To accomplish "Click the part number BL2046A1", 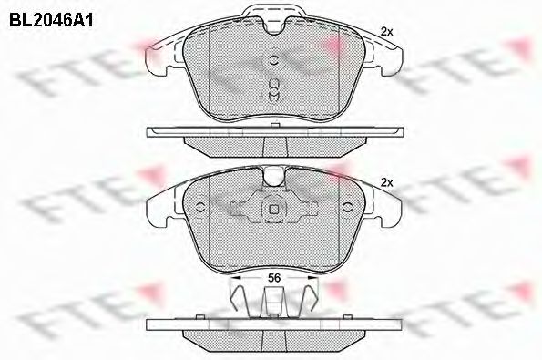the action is (x=51, y=21).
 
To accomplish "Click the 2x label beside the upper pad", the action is (x=387, y=32).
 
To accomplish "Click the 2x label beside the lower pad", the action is (x=387, y=183).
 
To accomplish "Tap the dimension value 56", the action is (x=274, y=278).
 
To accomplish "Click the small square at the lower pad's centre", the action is (x=274, y=210).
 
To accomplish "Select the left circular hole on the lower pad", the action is (x=200, y=207).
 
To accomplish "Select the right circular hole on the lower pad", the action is (x=347, y=207).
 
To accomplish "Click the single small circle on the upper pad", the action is (x=273, y=60).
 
